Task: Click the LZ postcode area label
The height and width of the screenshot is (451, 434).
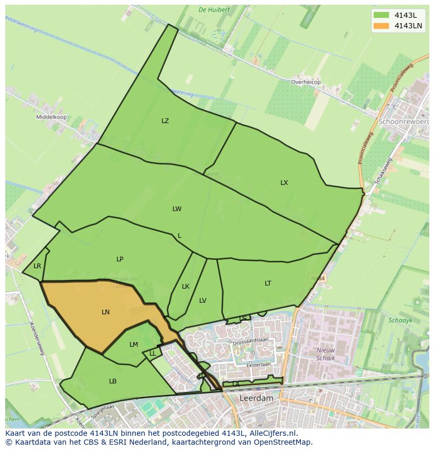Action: (165, 121)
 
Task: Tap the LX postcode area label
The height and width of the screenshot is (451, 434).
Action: (284, 183)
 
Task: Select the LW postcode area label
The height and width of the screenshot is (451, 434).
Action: (177, 209)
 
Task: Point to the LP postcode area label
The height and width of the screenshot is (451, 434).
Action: (120, 259)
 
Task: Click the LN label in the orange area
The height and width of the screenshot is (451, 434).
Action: (106, 312)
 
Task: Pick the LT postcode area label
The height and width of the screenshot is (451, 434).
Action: (268, 283)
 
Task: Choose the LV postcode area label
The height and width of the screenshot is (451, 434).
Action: (203, 301)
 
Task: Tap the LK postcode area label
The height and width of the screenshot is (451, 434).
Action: (186, 287)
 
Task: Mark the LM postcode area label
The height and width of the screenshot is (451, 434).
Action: (134, 345)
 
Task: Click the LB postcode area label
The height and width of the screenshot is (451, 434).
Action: (113, 381)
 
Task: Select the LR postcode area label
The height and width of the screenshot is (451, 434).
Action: (37, 266)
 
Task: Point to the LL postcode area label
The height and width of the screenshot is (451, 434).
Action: (153, 354)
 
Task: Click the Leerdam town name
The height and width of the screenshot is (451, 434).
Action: (256, 398)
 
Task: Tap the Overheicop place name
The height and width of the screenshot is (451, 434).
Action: (306, 82)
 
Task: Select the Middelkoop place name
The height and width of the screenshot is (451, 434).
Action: (51, 117)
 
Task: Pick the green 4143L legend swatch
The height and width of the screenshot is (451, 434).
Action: (382, 15)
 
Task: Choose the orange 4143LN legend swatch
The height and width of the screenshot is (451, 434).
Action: (382, 26)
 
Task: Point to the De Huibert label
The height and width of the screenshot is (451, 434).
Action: (214, 10)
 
